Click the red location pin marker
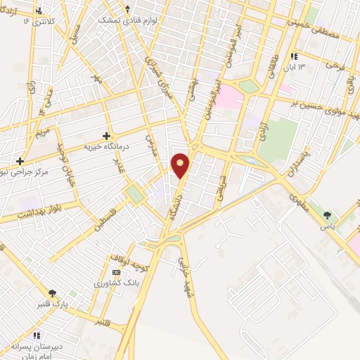point(181,165)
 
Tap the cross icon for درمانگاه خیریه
point(106,135)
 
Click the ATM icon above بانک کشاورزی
point(117,272)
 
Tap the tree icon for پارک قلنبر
point(52,294)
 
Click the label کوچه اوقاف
point(128,261)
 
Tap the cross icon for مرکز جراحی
point(20,161)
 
